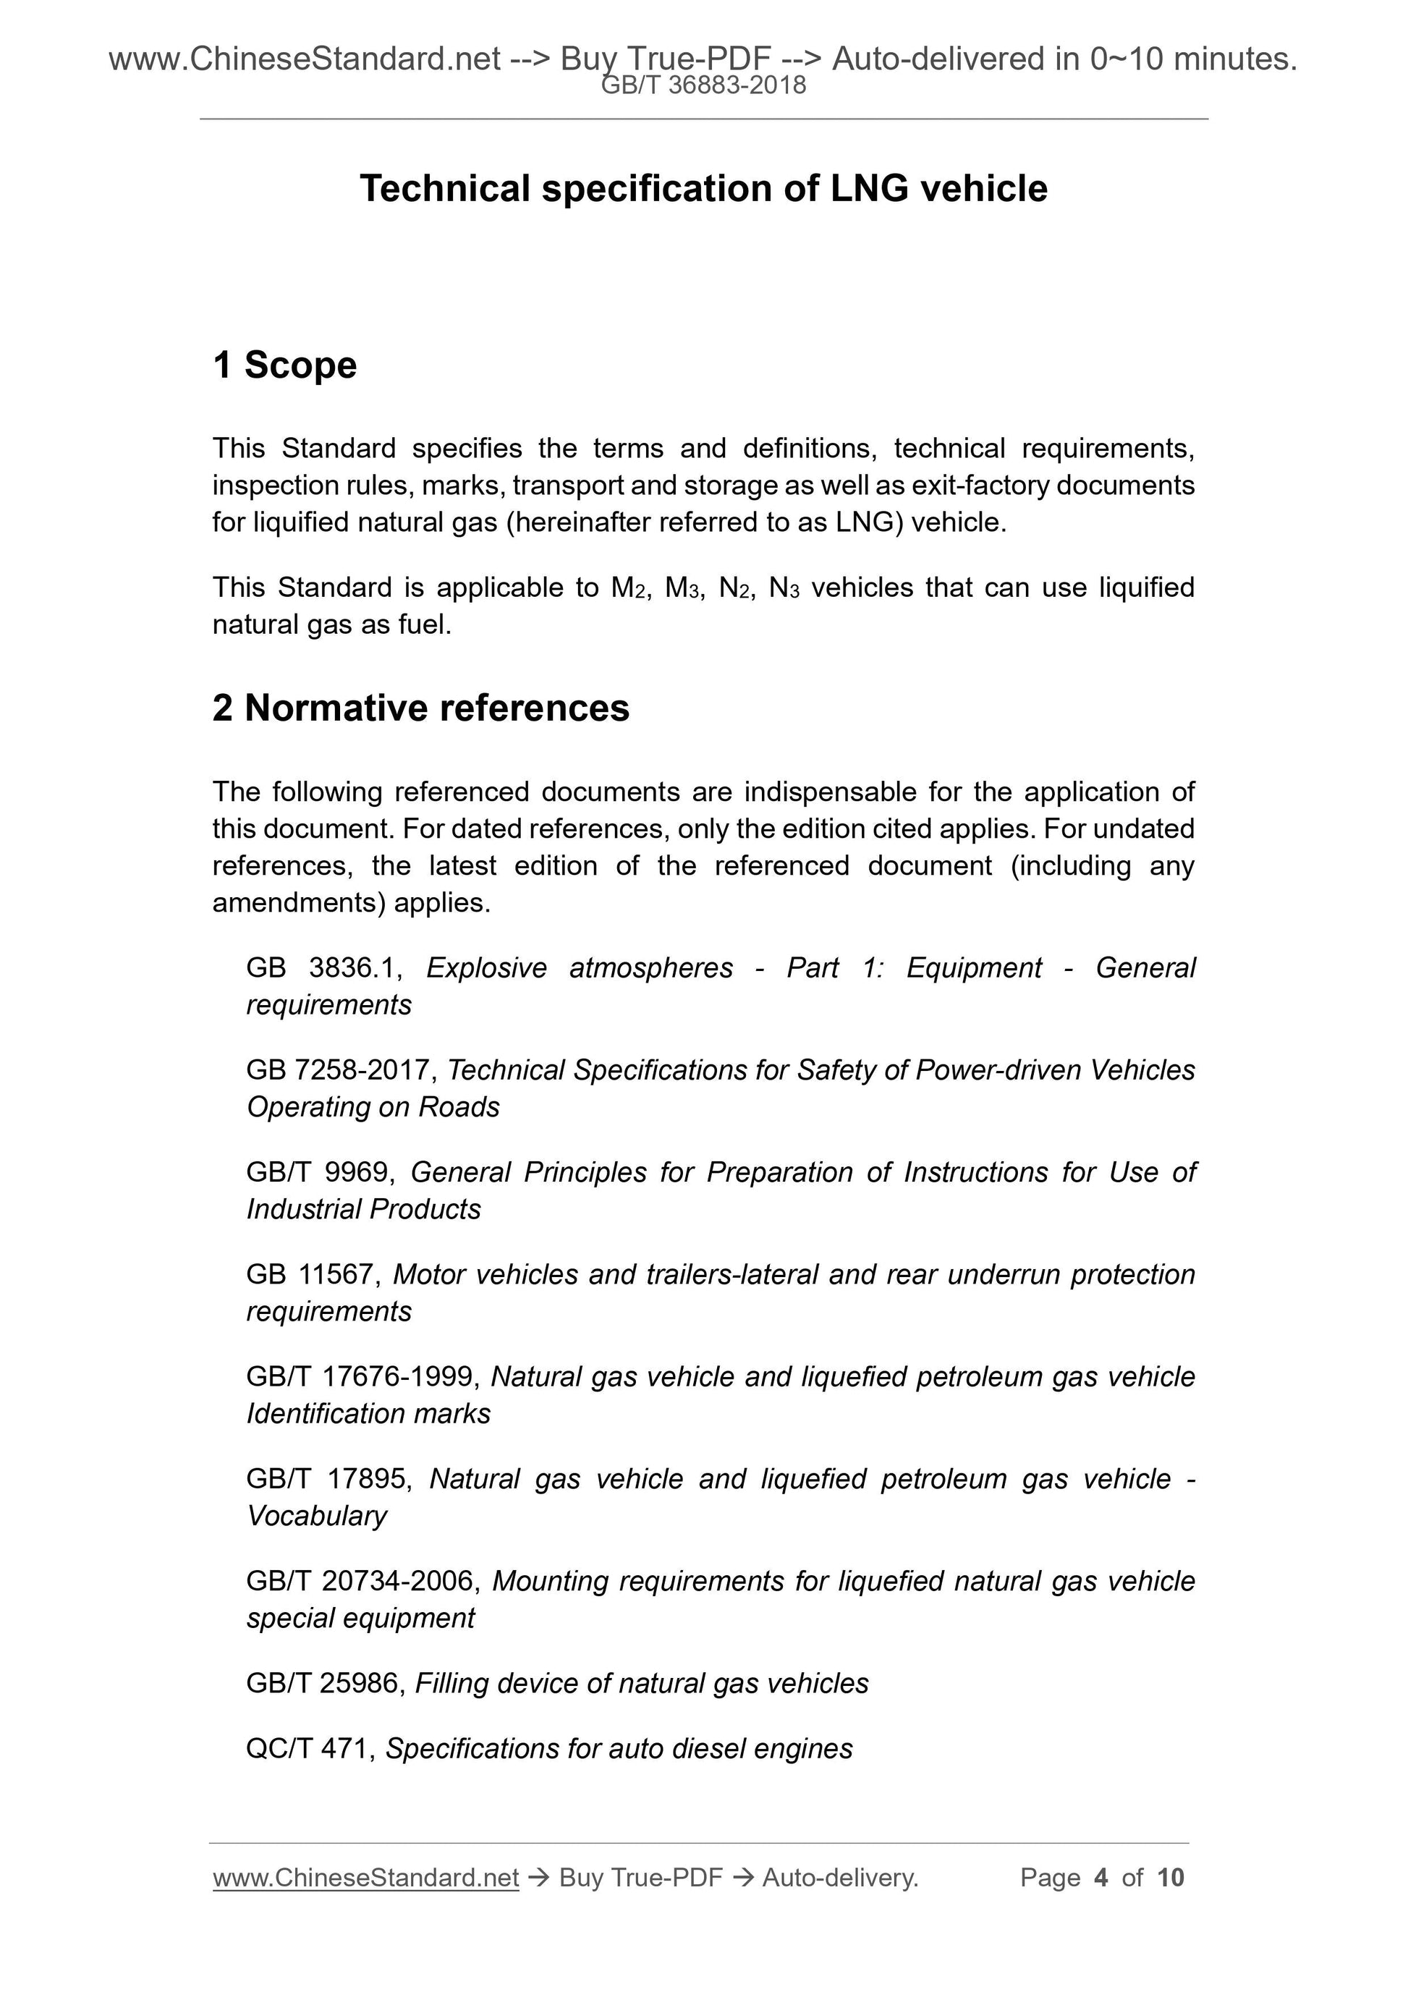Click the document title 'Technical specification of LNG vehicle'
coord(703,188)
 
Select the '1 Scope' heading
coord(284,365)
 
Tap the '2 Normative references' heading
coord(421,708)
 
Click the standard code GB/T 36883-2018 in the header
coord(703,85)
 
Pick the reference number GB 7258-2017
coord(339,1069)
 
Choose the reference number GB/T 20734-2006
coord(362,1582)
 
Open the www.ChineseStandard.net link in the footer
coord(365,1878)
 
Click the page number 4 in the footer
coord(1101,1878)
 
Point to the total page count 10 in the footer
coord(1170,1878)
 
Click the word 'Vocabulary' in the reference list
coord(317,1517)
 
